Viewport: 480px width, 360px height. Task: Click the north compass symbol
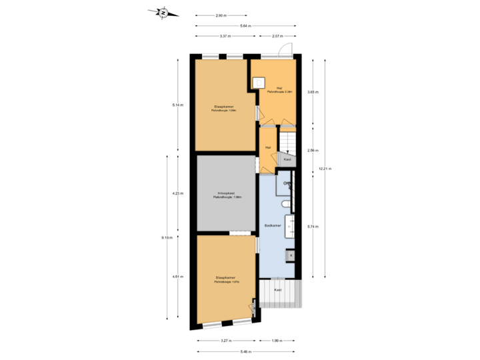pyautogui.click(x=163, y=11)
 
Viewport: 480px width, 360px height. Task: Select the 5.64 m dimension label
pyautogui.click(x=246, y=26)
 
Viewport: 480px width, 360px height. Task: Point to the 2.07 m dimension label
pyautogui.click(x=278, y=36)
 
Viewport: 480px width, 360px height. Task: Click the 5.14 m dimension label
pyautogui.click(x=177, y=105)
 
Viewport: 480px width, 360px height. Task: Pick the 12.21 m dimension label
pyautogui.click(x=325, y=169)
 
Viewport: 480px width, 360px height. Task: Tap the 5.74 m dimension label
pyautogui.click(x=311, y=226)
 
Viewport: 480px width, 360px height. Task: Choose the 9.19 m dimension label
pyautogui.click(x=167, y=237)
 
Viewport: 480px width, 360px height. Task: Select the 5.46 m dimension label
pyautogui.click(x=245, y=351)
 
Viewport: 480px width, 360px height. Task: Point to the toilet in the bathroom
pyautogui.click(x=285, y=204)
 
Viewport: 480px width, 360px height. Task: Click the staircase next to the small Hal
pyautogui.click(x=287, y=141)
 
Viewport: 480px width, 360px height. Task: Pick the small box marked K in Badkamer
pyautogui.click(x=290, y=254)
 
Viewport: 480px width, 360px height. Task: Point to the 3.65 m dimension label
pyautogui.click(x=311, y=92)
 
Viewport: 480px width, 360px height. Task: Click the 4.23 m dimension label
pyautogui.click(x=177, y=193)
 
